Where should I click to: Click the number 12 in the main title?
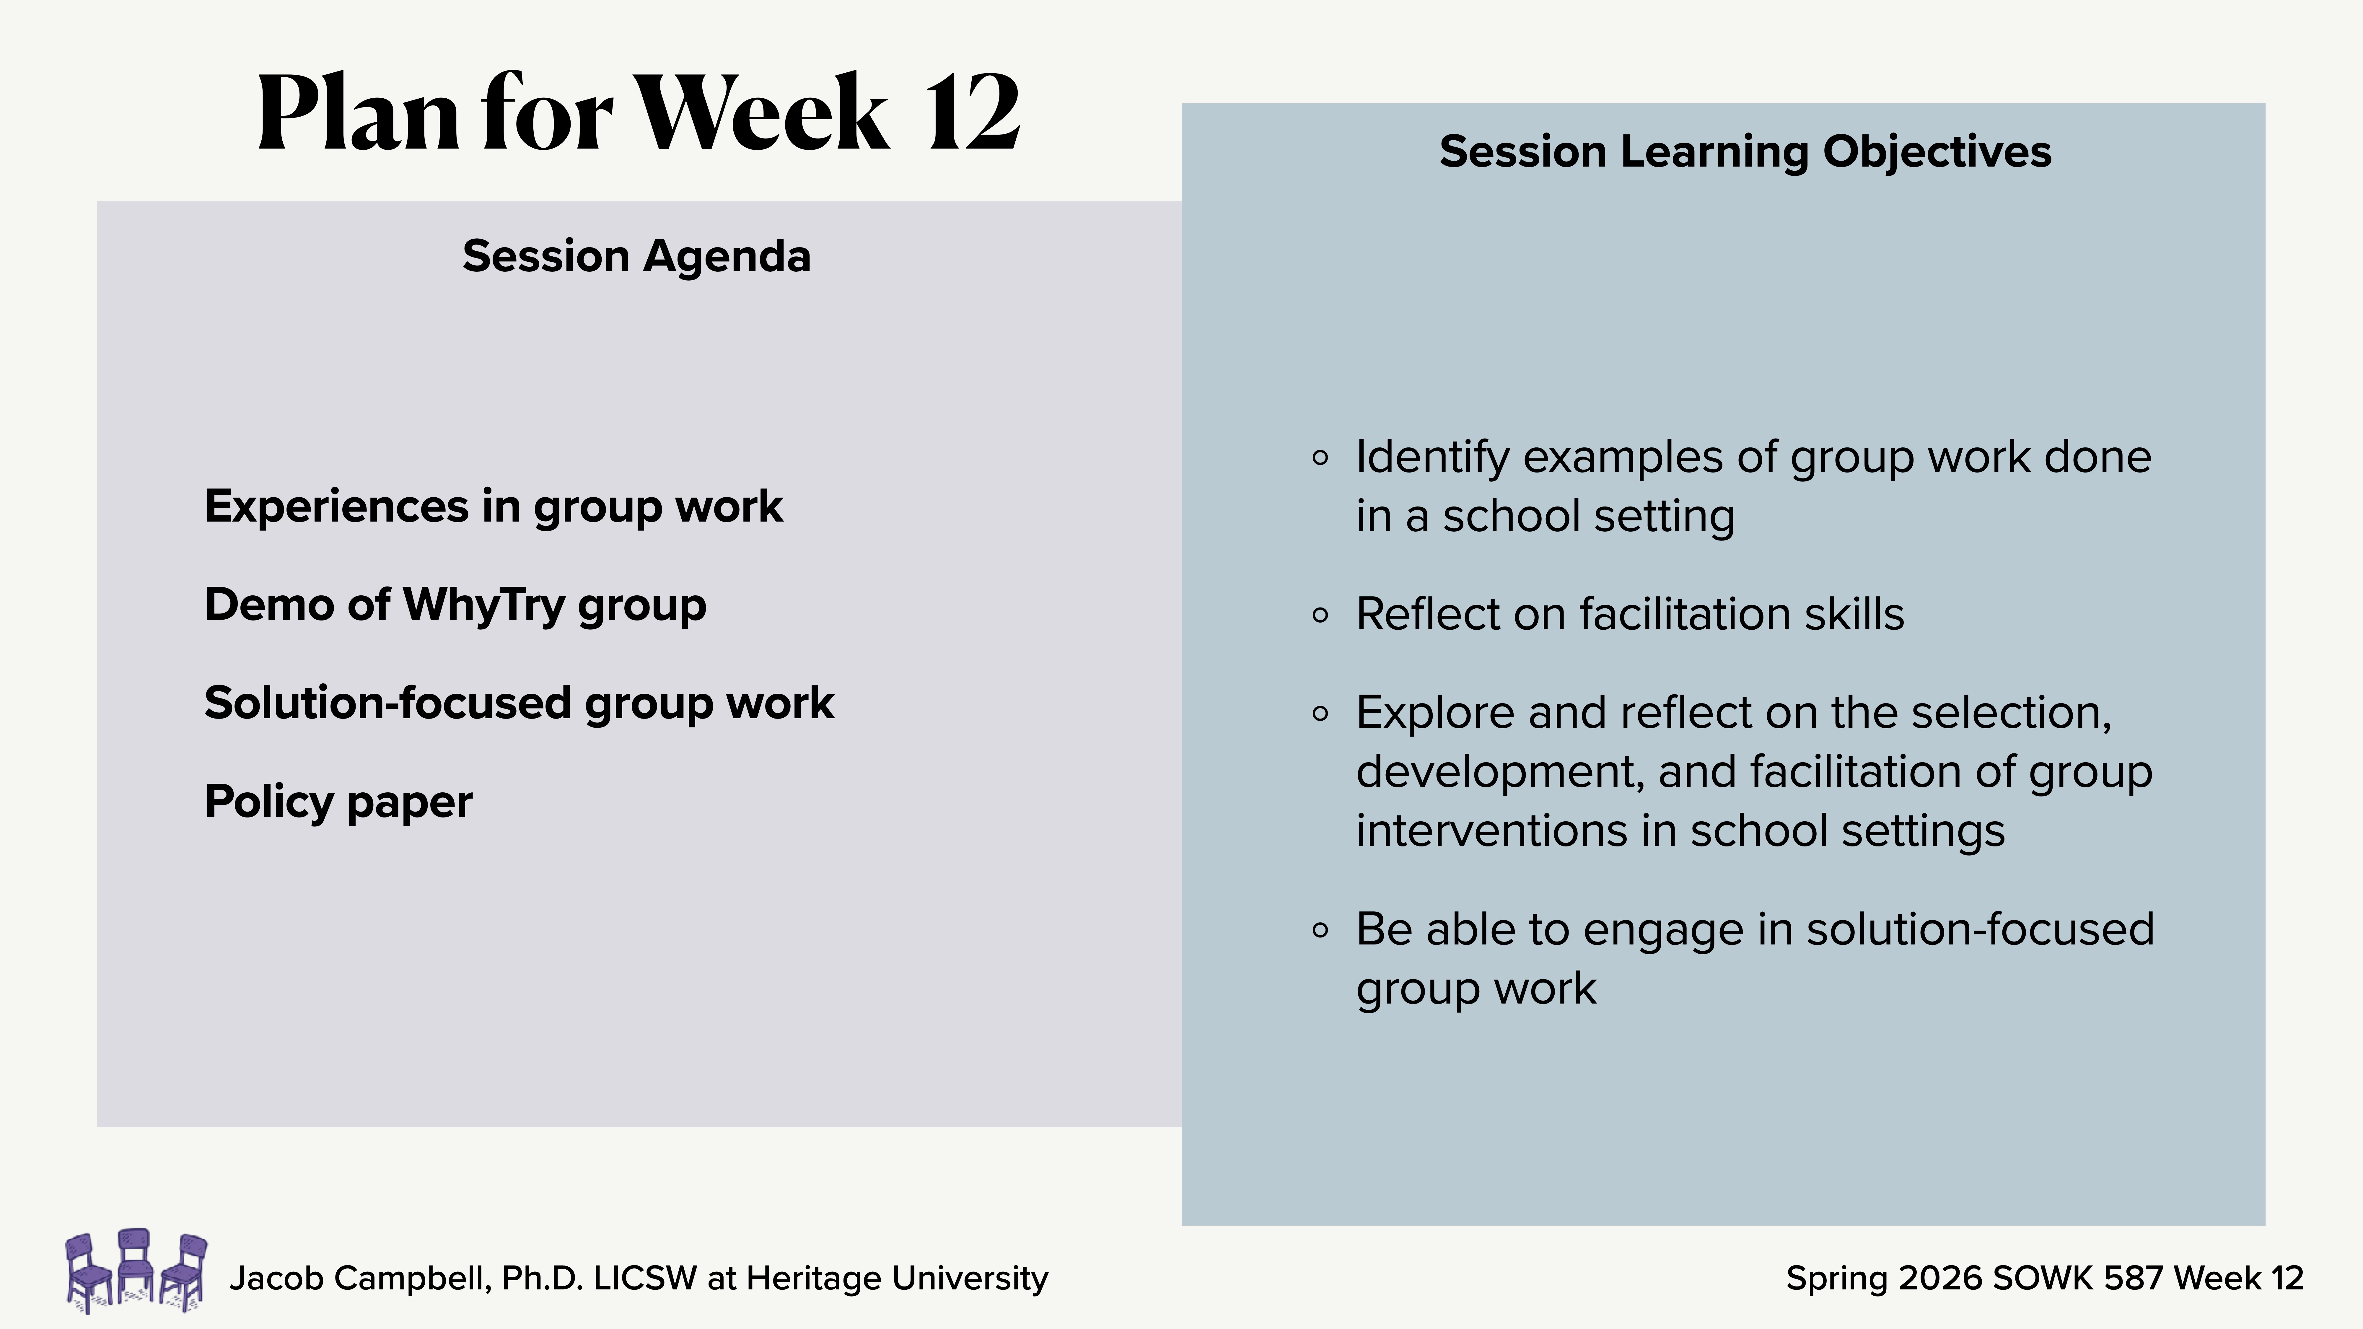pyautogui.click(x=972, y=115)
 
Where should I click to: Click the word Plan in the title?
pyautogui.click(x=358, y=115)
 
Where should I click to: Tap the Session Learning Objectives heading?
pyautogui.click(x=1745, y=151)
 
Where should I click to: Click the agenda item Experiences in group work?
pyautogui.click(x=494, y=506)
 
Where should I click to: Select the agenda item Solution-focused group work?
pyautogui.click(x=519, y=703)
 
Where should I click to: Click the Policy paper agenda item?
pyautogui.click(x=338, y=802)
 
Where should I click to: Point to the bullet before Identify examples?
pyautogui.click(x=1320, y=458)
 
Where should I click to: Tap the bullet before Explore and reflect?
pyautogui.click(x=1320, y=714)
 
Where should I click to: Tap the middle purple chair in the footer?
pyautogui.click(x=135, y=1266)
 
